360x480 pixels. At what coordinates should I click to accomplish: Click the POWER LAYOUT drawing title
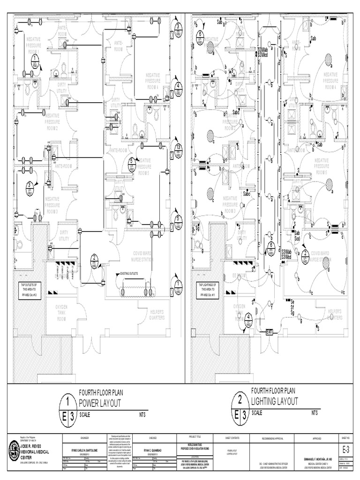pos(100,403)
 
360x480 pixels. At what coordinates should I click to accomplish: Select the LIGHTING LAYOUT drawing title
pos(274,402)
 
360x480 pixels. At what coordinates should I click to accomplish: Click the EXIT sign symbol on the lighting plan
pos(270,331)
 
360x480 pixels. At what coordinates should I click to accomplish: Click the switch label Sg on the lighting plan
pos(292,312)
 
